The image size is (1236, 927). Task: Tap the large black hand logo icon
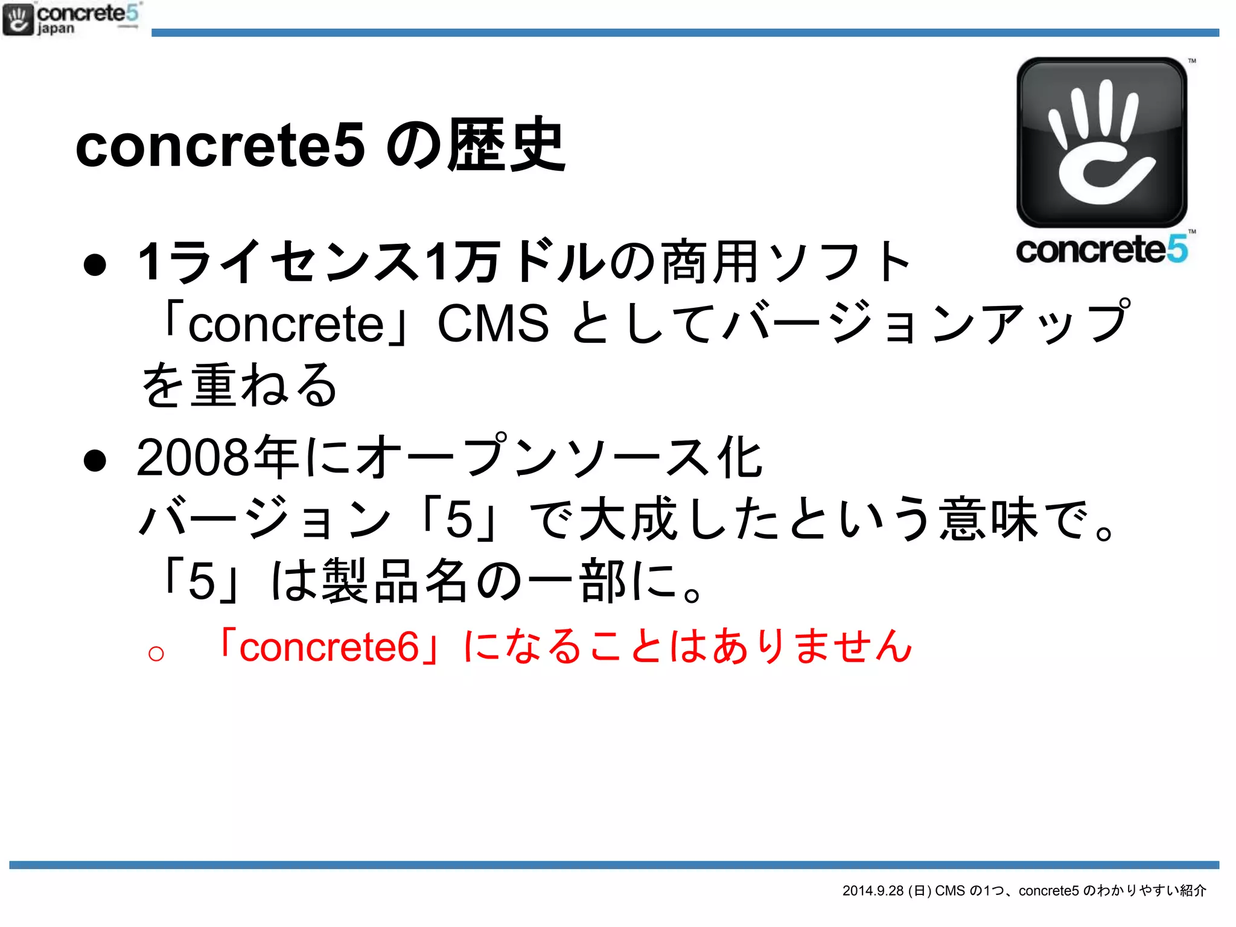click(x=1102, y=142)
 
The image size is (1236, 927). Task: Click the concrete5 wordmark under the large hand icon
click(x=1102, y=249)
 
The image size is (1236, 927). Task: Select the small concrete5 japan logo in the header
click(x=71, y=19)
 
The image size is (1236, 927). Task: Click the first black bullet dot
click(x=95, y=264)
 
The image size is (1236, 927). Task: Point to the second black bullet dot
click(x=95, y=460)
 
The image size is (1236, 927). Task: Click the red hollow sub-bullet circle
click(x=156, y=653)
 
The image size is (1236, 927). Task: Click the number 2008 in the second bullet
click(x=193, y=457)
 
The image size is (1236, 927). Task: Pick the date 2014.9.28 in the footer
click(x=873, y=891)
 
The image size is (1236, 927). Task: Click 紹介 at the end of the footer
click(x=1193, y=891)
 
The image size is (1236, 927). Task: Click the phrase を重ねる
click(x=238, y=385)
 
